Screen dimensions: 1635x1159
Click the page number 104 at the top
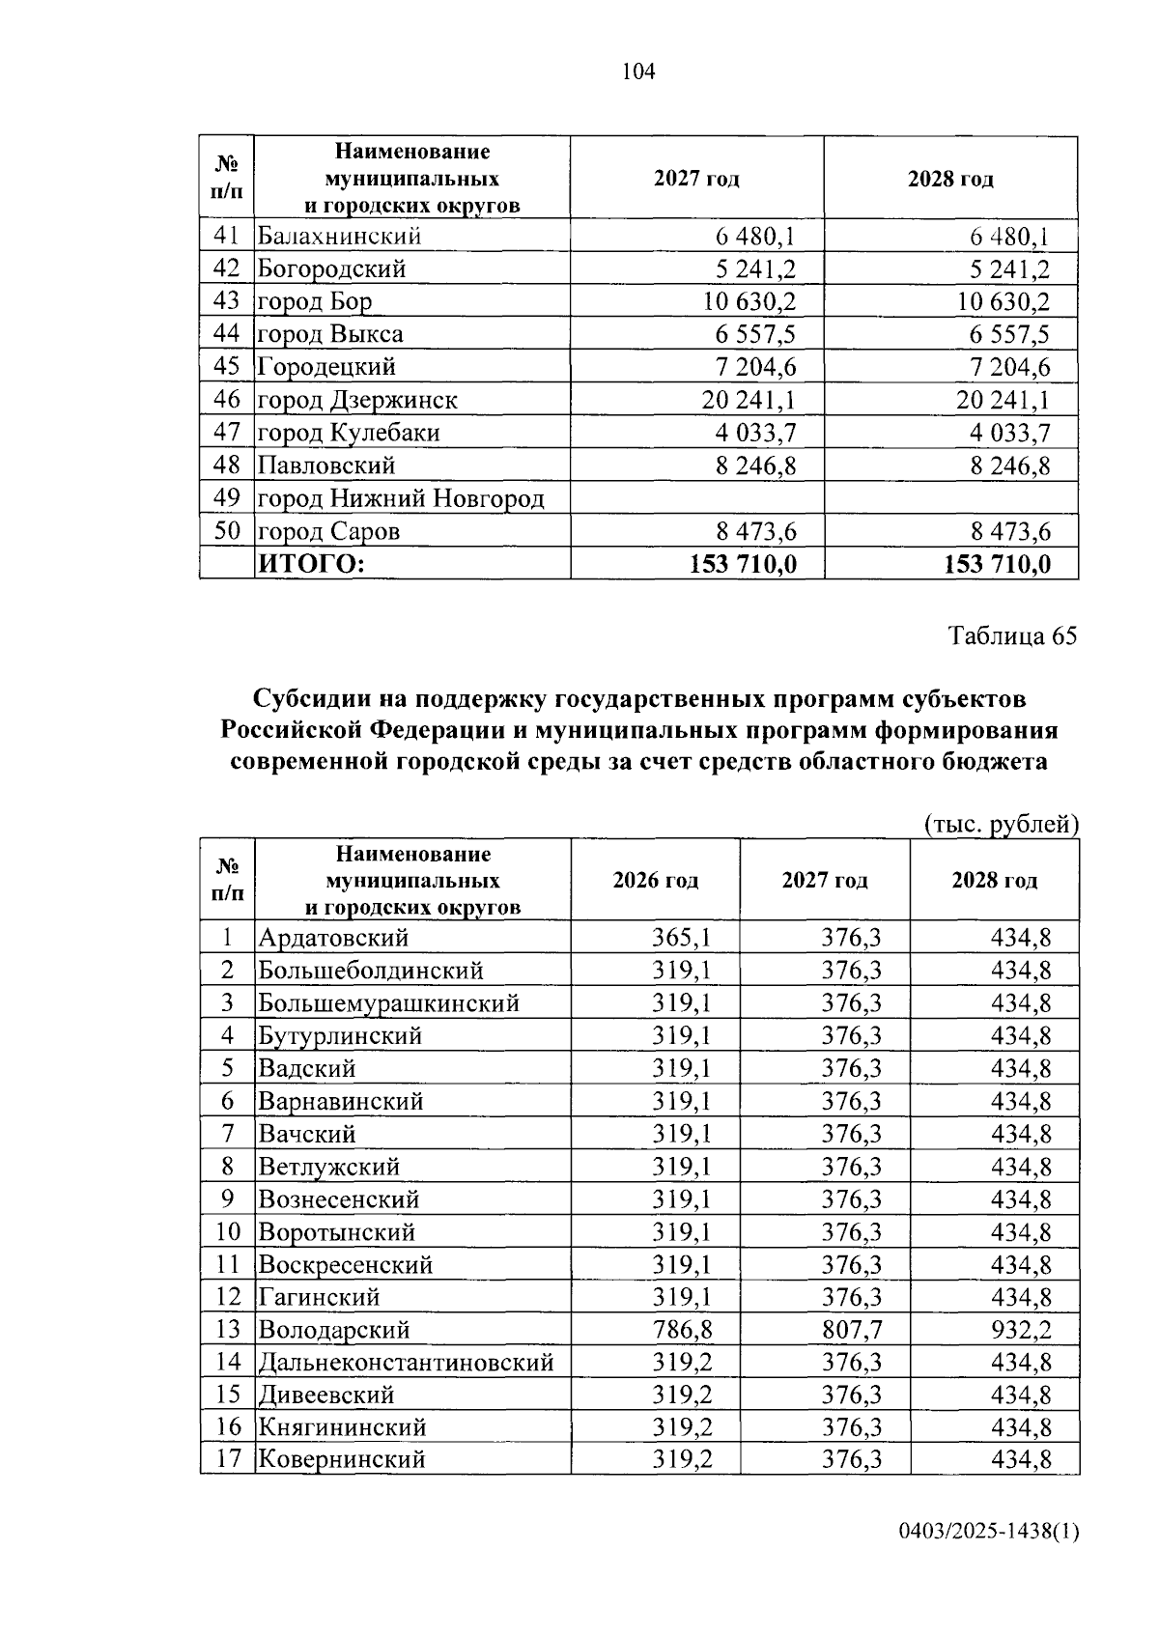coord(638,71)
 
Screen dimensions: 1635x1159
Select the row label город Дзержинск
coord(356,400)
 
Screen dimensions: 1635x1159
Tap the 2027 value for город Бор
coord(749,301)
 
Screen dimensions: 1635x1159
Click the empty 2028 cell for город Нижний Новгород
coord(950,498)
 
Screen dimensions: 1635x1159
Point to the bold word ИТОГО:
coord(312,564)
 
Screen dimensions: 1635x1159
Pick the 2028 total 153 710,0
coord(997,564)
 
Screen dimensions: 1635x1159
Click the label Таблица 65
coord(1012,636)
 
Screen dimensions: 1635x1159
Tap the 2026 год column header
coord(655,881)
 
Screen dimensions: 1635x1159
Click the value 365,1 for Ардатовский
coord(682,938)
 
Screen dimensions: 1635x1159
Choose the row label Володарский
coord(334,1330)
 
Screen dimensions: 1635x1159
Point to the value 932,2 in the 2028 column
coord(1021,1330)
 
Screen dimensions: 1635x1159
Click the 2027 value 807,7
coord(852,1330)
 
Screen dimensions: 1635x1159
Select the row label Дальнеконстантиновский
coord(406,1363)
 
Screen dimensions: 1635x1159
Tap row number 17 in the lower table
coord(227,1458)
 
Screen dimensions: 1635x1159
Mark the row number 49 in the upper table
coord(226,498)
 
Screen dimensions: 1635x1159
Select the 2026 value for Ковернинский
coord(682,1458)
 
